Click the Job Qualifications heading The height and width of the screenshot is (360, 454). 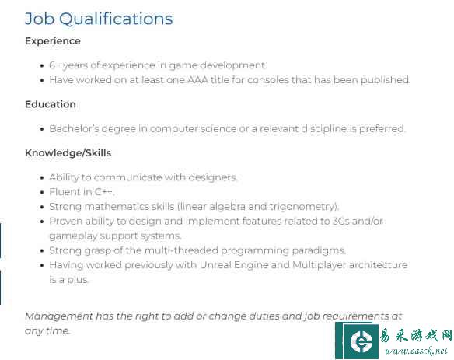pos(99,19)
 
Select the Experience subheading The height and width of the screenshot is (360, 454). pos(53,41)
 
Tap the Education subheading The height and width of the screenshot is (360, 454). pos(51,104)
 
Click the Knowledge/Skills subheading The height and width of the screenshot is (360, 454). pos(68,152)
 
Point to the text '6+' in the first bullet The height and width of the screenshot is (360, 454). pos(54,65)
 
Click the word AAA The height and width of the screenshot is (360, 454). pos(197,79)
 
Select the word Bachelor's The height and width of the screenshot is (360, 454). pos(74,128)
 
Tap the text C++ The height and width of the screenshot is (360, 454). pos(103,192)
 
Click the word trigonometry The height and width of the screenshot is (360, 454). pos(302,207)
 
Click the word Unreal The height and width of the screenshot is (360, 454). pos(215,265)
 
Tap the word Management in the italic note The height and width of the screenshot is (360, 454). pos(59,316)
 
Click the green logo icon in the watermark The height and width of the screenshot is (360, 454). pos(357,341)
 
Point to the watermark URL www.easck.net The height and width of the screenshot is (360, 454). pos(416,351)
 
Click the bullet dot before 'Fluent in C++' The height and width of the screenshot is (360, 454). pos(42,192)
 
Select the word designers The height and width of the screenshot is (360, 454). pos(213,177)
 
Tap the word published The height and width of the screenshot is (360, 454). pos(385,79)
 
